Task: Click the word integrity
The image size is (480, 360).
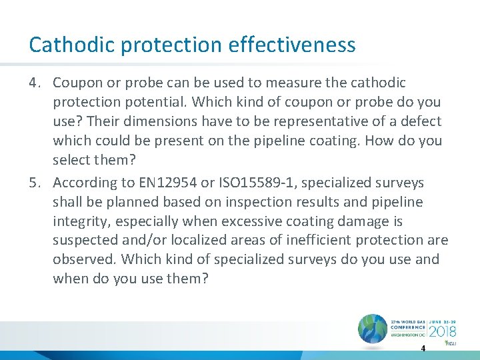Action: [83, 221]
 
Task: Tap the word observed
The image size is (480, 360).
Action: [83, 259]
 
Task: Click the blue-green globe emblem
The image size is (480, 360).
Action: [372, 327]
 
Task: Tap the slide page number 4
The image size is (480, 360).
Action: [423, 349]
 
